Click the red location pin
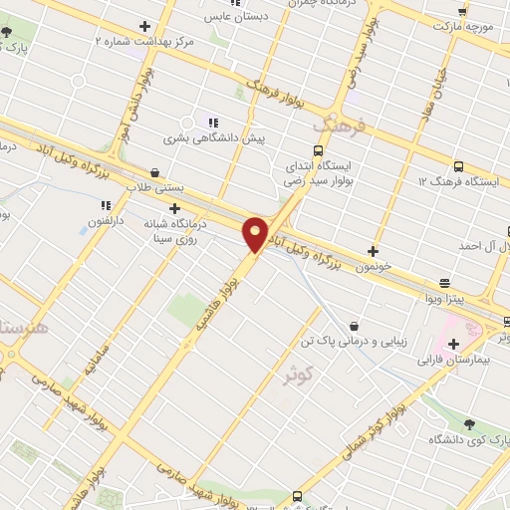click(x=256, y=235)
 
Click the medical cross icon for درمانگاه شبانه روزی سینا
click(x=175, y=208)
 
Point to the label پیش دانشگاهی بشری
click(x=257, y=138)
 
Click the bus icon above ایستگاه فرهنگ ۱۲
click(x=458, y=166)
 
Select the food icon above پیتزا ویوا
click(x=443, y=282)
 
